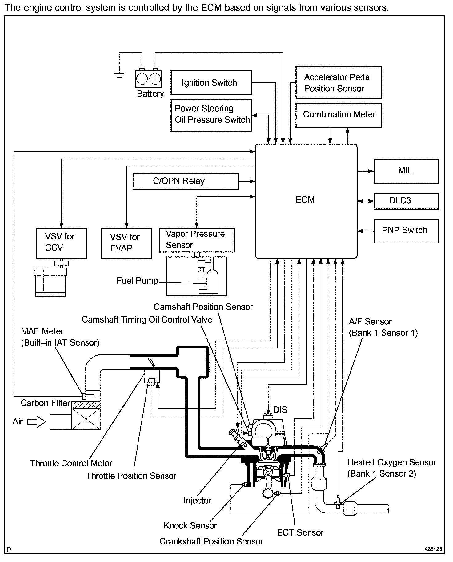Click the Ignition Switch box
point(211,82)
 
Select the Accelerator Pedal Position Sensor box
point(338,82)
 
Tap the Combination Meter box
point(338,115)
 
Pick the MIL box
point(406,171)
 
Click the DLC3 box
point(406,201)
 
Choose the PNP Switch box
point(406,231)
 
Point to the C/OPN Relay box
point(185,181)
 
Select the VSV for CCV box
point(61,243)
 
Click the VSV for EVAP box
point(126,243)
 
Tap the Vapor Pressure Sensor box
point(196,240)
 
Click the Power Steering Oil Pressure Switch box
point(211,115)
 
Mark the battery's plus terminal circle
point(155,79)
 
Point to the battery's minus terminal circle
point(142,79)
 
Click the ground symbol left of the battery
point(119,75)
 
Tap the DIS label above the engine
point(280,410)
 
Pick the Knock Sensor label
point(190,526)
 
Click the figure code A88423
point(433,549)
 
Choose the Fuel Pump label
point(137,281)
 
